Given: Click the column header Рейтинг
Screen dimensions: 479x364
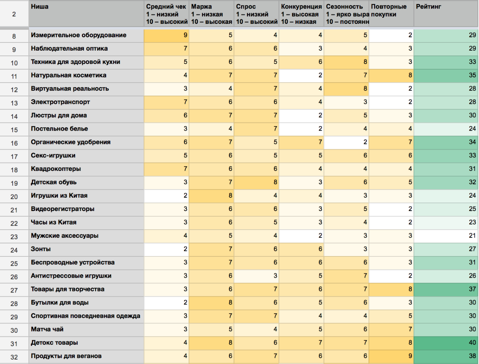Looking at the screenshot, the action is click(x=428, y=7).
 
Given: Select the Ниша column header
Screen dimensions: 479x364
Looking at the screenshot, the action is click(x=39, y=7).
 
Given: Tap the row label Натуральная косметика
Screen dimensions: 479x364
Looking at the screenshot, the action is click(x=68, y=75).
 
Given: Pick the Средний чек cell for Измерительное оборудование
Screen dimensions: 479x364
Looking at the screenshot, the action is click(x=166, y=35).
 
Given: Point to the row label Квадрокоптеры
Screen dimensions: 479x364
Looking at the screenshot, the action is click(x=56, y=169).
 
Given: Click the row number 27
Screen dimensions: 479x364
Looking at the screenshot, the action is click(x=14, y=290).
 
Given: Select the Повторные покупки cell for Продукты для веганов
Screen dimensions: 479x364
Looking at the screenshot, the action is click(x=391, y=356).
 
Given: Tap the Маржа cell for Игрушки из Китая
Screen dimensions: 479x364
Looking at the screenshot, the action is click(x=211, y=195).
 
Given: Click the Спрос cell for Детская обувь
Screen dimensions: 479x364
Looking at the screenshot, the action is click(x=256, y=182).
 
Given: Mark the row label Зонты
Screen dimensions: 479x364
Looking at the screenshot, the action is click(x=41, y=249).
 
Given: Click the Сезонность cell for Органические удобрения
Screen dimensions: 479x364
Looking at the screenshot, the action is click(x=346, y=142).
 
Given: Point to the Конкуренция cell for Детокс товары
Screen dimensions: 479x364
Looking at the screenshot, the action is click(x=301, y=342).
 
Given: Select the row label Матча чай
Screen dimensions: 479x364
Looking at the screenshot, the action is click(x=47, y=329).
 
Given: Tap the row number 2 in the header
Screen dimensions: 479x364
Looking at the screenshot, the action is click(x=14, y=15).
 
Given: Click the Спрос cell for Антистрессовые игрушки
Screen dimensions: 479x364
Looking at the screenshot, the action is click(x=256, y=275).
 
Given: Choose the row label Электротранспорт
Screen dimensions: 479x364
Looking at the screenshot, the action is click(x=60, y=102).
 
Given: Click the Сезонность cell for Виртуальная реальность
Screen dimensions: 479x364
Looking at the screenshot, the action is click(x=346, y=89).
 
